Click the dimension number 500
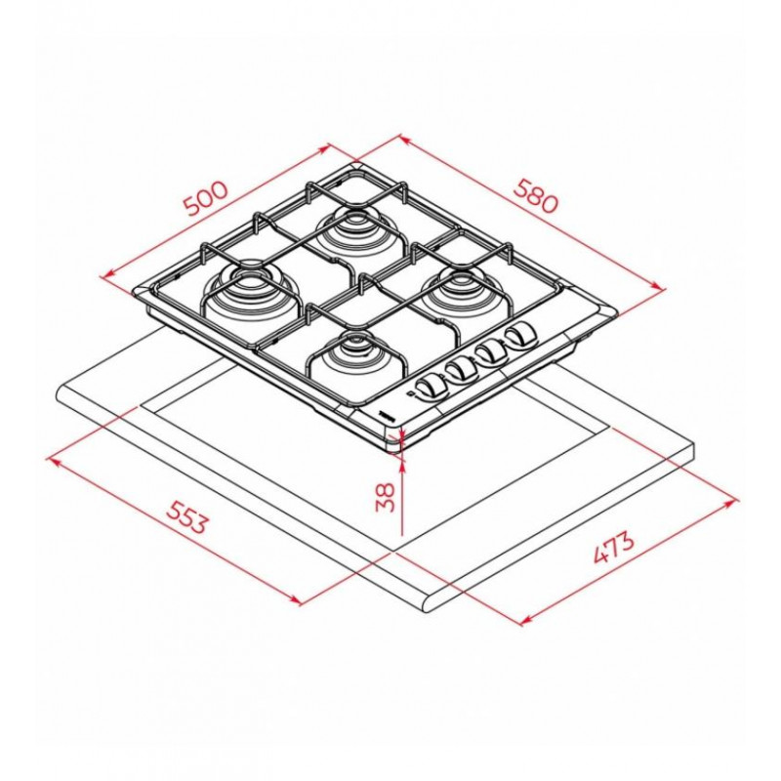click(x=206, y=198)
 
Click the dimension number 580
click(x=535, y=196)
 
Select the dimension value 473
click(x=614, y=548)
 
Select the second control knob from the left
click(x=459, y=369)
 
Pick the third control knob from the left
click(x=490, y=350)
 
